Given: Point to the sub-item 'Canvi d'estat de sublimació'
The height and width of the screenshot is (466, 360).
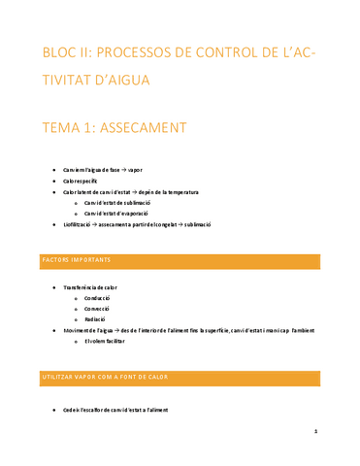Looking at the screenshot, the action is [126, 203].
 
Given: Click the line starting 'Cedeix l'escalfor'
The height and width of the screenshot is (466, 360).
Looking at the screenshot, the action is [115, 411].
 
